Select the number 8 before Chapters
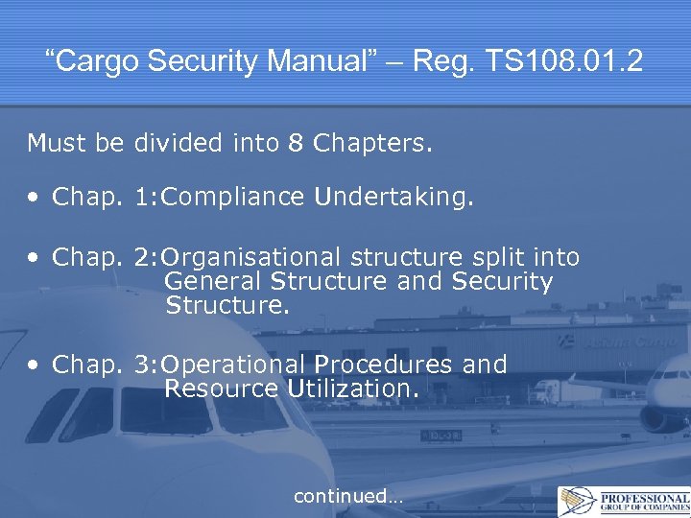(297, 144)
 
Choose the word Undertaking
(393, 198)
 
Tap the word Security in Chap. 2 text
(502, 282)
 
